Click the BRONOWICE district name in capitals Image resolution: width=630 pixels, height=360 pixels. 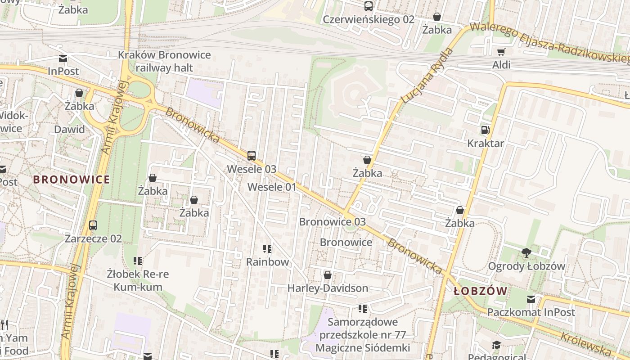coord(72,180)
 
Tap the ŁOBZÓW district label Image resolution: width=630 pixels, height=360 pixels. coord(481,291)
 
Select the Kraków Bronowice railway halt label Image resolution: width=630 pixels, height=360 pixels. coord(164,62)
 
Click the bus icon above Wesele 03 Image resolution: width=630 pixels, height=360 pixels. coord(252,156)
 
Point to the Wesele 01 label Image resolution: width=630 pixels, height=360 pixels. coord(272,187)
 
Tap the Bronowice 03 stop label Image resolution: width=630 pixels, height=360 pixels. coord(332,222)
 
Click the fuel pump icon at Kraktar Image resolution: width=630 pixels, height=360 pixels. coord(485,130)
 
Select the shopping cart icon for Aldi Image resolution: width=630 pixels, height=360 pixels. coord(501,52)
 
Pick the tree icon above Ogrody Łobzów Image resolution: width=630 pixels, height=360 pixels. coord(526,253)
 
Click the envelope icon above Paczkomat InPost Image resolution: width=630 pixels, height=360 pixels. coord(531,299)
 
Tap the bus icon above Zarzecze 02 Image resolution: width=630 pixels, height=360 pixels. coord(93,225)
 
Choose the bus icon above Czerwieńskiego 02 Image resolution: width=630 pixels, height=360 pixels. coord(369,6)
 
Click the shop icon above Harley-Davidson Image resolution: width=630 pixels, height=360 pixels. coord(328,275)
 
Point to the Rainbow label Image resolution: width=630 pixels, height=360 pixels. coord(267,261)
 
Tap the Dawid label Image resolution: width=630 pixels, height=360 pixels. coord(69,130)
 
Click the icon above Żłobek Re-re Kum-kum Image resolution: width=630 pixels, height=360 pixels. coord(138,261)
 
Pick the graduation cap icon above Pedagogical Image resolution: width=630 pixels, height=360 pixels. coord(496,345)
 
